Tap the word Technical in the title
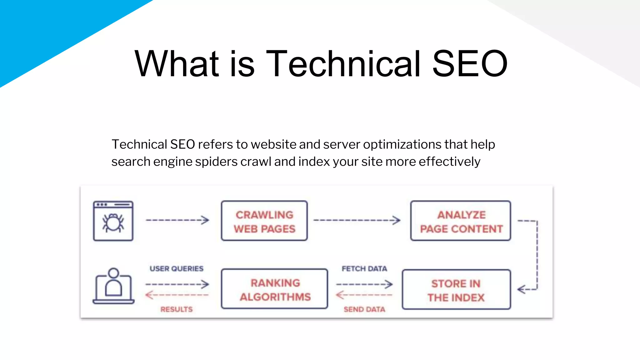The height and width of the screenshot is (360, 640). [343, 64]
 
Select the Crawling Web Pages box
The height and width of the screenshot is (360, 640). [264, 221]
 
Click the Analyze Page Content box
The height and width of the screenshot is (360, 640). [461, 221]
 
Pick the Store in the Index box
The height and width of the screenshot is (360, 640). [456, 290]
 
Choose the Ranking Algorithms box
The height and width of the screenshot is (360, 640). [274, 289]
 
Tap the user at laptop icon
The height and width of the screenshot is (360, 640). [113, 286]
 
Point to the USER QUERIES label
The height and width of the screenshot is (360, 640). [177, 269]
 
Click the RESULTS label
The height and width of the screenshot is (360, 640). [177, 309]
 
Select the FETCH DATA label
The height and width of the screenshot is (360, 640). [364, 269]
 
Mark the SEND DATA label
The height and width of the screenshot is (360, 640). [364, 309]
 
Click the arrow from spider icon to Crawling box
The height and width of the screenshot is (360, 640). [177, 220]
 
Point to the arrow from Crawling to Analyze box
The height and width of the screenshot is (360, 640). [357, 220]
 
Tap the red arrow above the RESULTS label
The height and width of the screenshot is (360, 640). [177, 295]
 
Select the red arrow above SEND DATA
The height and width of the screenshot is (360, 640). [364, 295]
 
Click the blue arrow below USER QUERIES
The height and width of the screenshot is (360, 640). [177, 284]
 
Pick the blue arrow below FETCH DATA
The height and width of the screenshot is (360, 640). [364, 284]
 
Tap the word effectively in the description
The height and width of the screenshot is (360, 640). [449, 162]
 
